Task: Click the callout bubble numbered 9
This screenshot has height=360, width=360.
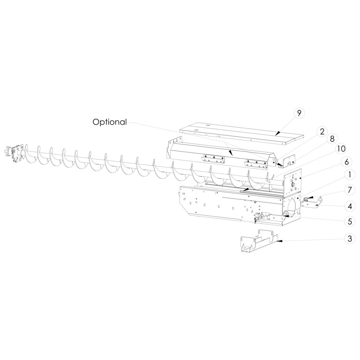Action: pos(299,113)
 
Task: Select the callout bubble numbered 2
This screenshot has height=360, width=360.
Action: pos(322,132)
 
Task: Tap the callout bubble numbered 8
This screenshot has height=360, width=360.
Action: pos(332,139)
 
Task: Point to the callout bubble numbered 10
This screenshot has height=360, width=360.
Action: pos(341,149)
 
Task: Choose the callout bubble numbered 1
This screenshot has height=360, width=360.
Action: pos(350,175)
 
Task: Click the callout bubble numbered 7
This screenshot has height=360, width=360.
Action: pos(350,190)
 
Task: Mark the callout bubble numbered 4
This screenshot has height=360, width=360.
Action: pos(350,206)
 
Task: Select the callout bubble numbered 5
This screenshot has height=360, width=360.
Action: pos(350,221)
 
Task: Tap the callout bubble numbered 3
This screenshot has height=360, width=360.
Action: pos(350,239)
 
